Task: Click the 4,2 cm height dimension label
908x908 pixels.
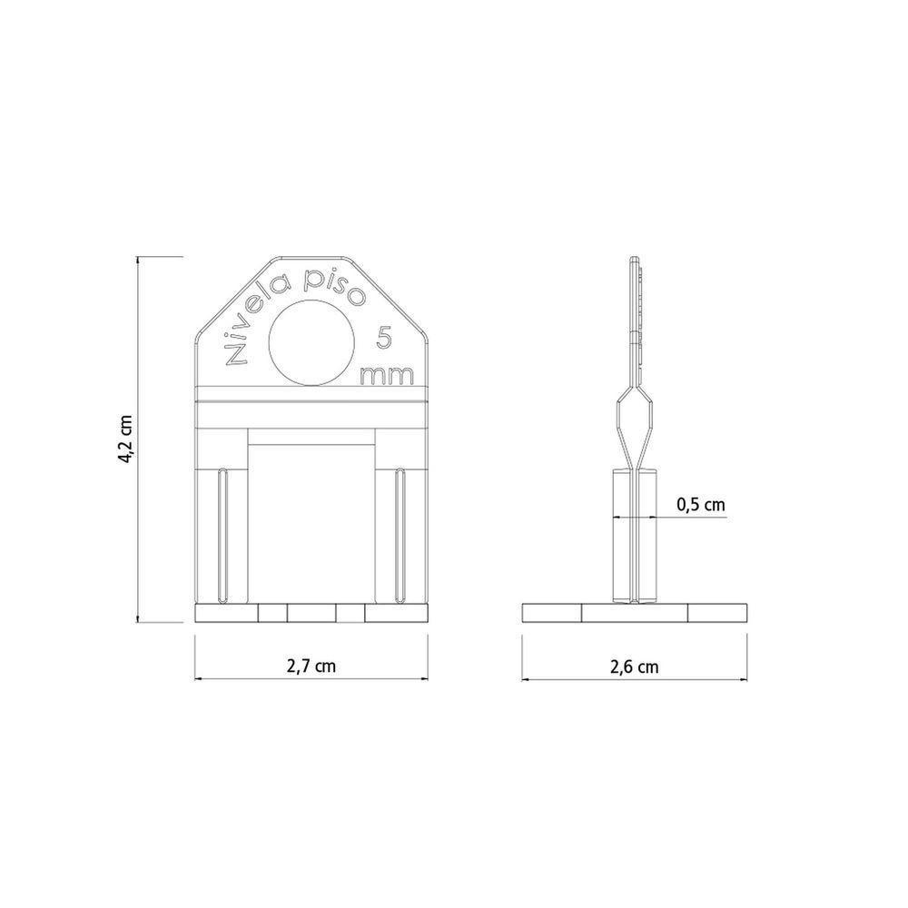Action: pyautogui.click(x=126, y=439)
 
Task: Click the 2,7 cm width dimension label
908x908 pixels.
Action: pyautogui.click(x=311, y=666)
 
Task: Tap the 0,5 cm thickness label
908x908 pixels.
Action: pyautogui.click(x=701, y=506)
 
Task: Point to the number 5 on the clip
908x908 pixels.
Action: pyautogui.click(x=385, y=339)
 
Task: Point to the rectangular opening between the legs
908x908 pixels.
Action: pyautogui.click(x=311, y=522)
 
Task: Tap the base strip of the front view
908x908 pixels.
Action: pyautogui.click(x=311, y=614)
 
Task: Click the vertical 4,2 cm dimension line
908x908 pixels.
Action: pyautogui.click(x=138, y=439)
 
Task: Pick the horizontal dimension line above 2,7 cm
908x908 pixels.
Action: pyautogui.click(x=311, y=678)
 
